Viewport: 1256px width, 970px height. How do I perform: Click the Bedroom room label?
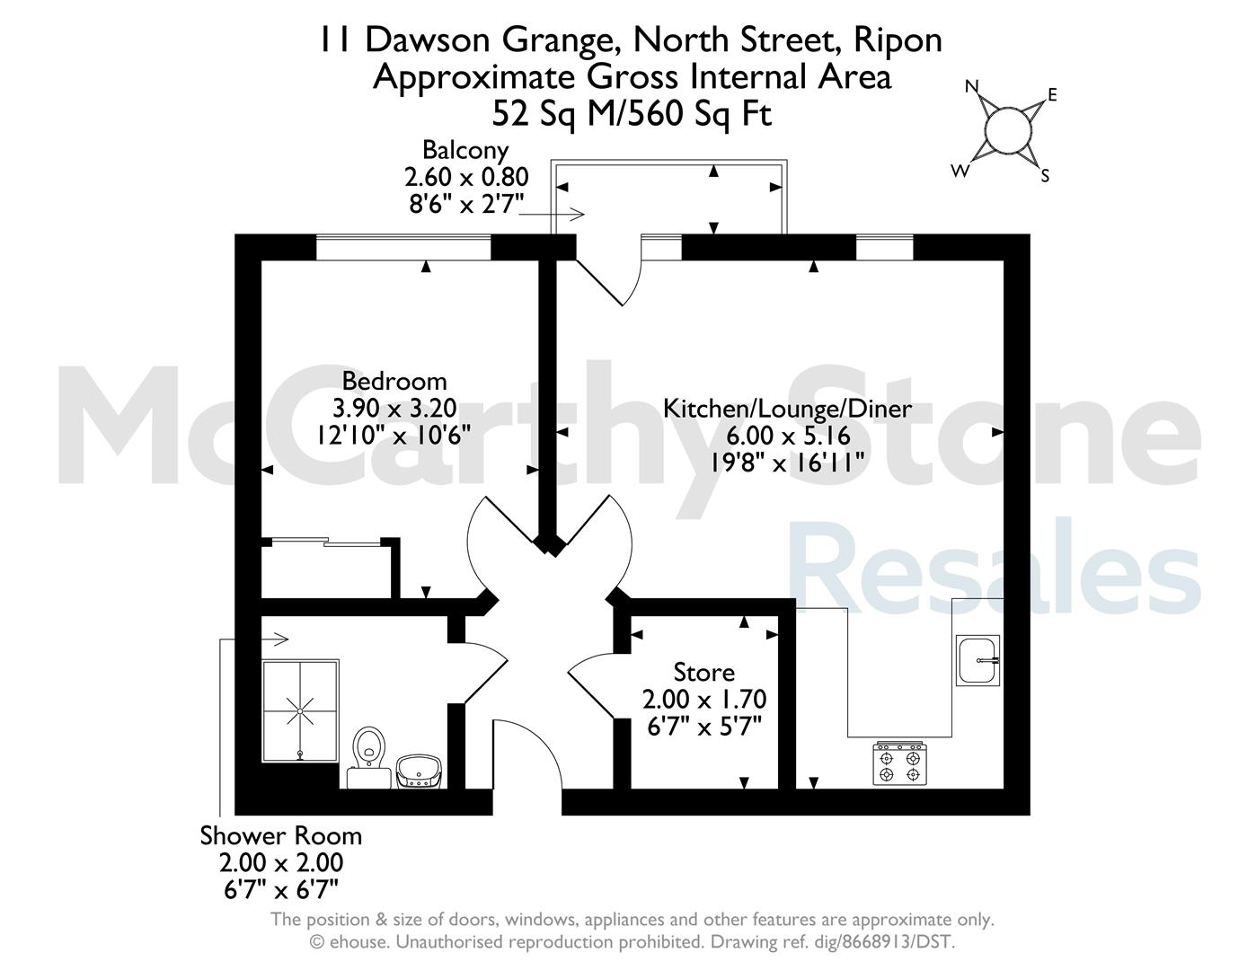pyautogui.click(x=394, y=382)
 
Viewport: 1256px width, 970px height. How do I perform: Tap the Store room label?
pyautogui.click(x=704, y=672)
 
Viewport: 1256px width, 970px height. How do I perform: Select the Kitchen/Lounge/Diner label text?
pyautogui.click(x=787, y=409)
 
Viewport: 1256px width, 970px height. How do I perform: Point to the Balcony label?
pyautogui.click(x=465, y=151)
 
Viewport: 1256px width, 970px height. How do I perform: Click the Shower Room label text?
pyautogui.click(x=281, y=836)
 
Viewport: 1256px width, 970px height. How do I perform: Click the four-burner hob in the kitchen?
pyautogui.click(x=899, y=763)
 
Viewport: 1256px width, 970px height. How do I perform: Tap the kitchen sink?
pyautogui.click(x=977, y=660)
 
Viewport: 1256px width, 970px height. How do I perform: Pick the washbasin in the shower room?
pyautogui.click(x=419, y=772)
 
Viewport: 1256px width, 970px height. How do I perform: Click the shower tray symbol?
pyautogui.click(x=300, y=710)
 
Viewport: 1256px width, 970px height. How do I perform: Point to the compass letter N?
pyautogui.click(x=971, y=86)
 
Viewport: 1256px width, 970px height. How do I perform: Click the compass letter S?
pyautogui.click(x=1045, y=176)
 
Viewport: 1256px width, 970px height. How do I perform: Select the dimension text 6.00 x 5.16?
pyautogui.click(x=788, y=436)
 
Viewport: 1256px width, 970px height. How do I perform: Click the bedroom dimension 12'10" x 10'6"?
pyautogui.click(x=394, y=435)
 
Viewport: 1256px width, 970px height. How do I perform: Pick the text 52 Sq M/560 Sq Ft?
pyautogui.click(x=632, y=114)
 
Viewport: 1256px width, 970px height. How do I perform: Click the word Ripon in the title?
pyautogui.click(x=898, y=40)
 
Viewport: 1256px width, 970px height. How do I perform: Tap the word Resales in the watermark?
pyautogui.click(x=995, y=566)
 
